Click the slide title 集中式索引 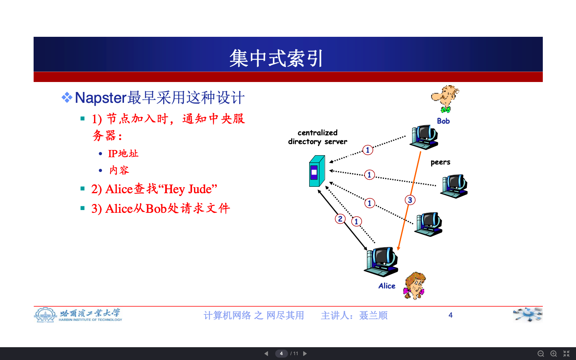click(x=276, y=58)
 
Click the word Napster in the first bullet click(x=100, y=98)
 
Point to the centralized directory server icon click(x=316, y=172)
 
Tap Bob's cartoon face click(x=445, y=98)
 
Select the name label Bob click(x=443, y=121)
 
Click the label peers click(x=440, y=162)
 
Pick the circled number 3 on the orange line click(x=410, y=200)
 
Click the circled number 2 click(x=340, y=219)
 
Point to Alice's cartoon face click(x=415, y=286)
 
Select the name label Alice click(x=387, y=286)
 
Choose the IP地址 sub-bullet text click(x=123, y=154)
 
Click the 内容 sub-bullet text click(x=119, y=170)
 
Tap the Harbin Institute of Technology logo click(x=78, y=315)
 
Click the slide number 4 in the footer click(x=450, y=315)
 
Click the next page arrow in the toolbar click(x=305, y=354)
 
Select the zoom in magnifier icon click(x=554, y=354)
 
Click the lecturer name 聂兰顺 click(x=373, y=316)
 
